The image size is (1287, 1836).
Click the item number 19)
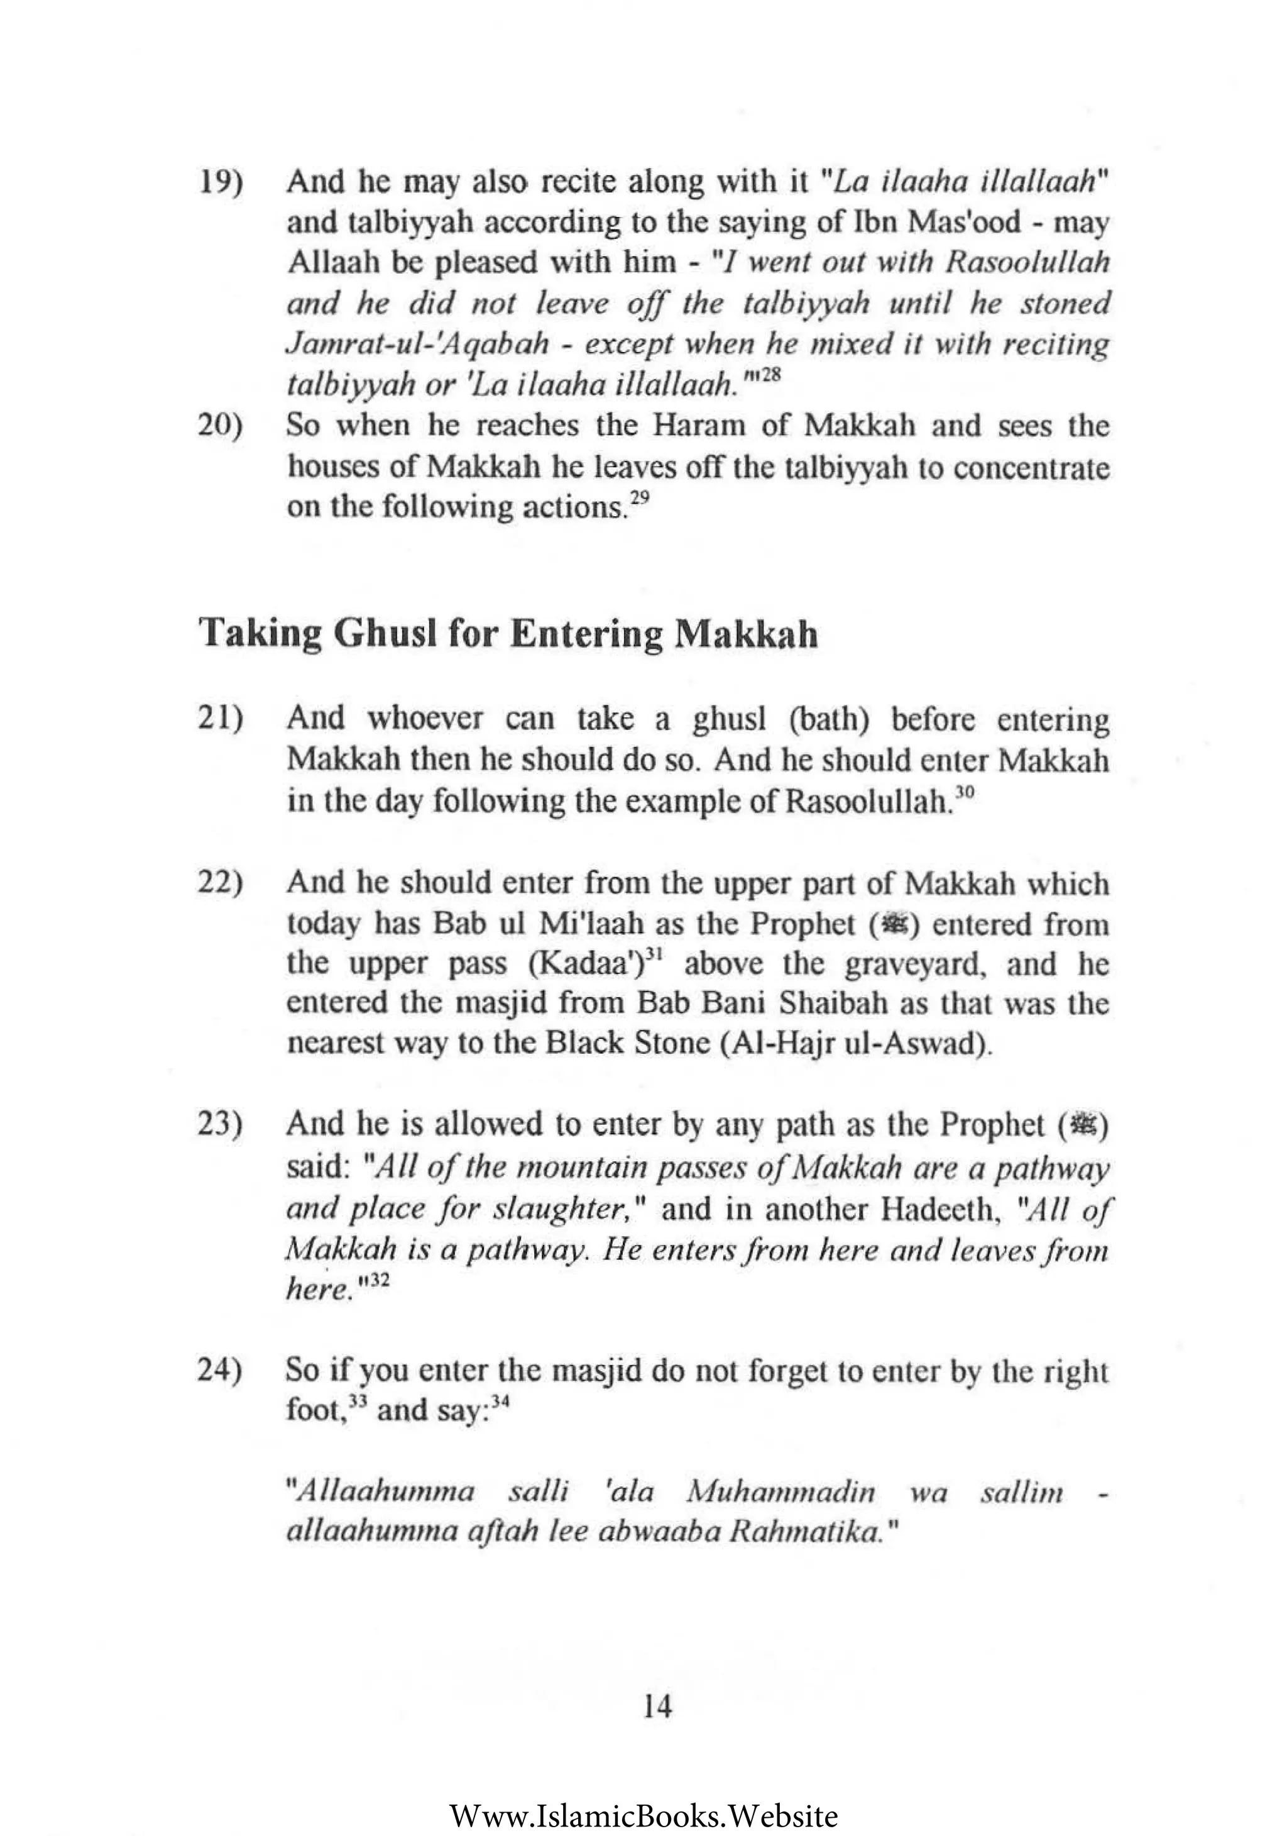[x=220, y=183]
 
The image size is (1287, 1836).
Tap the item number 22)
[x=220, y=883]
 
